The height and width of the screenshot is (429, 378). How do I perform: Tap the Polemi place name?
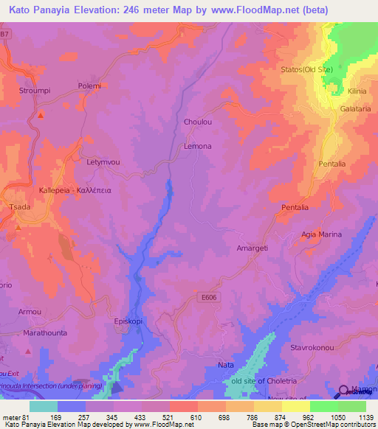pyautogui.click(x=89, y=86)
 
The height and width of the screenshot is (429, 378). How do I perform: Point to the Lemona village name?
pyautogui.click(x=197, y=146)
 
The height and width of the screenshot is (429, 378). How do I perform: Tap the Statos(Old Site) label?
pyautogui.click(x=307, y=70)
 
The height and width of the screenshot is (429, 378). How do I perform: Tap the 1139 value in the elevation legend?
pyautogui.click(x=365, y=418)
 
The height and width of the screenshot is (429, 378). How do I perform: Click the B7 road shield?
pyautogui.click(x=5, y=35)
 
